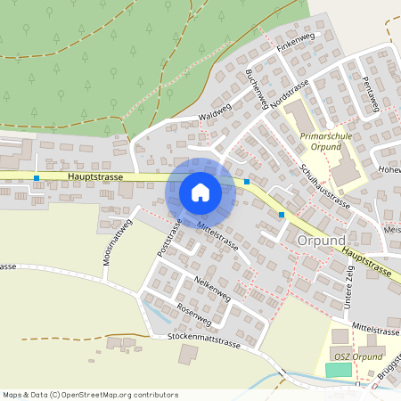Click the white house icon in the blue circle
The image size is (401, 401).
coord(200,192)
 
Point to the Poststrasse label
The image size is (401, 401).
coord(169,238)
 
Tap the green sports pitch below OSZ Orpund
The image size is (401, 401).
coord(338,369)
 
